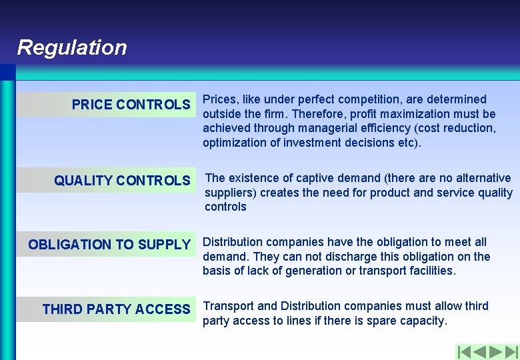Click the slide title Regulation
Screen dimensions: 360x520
click(x=71, y=47)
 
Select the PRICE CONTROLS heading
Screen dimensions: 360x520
click(x=131, y=105)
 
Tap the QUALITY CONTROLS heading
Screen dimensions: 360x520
click(x=122, y=181)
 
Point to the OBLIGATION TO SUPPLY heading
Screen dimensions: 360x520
click(x=109, y=245)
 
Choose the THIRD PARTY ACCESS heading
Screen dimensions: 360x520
click(x=116, y=309)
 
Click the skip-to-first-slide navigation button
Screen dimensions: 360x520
click(x=464, y=351)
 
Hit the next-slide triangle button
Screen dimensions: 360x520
click(x=495, y=351)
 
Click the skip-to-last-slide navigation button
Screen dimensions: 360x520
click(x=511, y=351)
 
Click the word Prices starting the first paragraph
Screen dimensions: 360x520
click(x=217, y=99)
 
